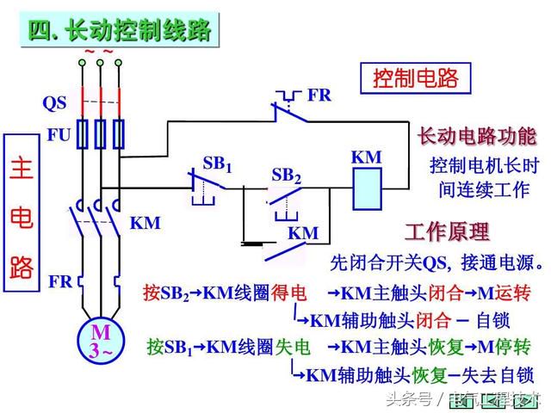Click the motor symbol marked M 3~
tap(101, 341)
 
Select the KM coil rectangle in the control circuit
tap(368, 189)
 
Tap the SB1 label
tap(218, 164)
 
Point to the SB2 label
tap(287, 176)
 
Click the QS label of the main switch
tap(54, 103)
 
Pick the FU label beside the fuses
tap(59, 135)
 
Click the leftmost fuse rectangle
tap(83, 134)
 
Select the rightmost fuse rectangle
tap(119, 134)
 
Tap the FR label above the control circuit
tap(319, 95)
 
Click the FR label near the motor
tap(60, 281)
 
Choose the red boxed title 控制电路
tap(416, 78)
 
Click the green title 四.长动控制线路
tap(120, 30)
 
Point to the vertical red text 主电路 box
tap(22, 213)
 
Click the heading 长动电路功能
tap(477, 136)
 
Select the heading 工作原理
tap(447, 231)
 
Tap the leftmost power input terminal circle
tap(83, 63)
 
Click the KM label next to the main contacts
tap(145, 223)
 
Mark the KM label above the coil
tap(367, 157)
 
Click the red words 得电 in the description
tap(288, 293)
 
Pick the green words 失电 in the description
tap(293, 347)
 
